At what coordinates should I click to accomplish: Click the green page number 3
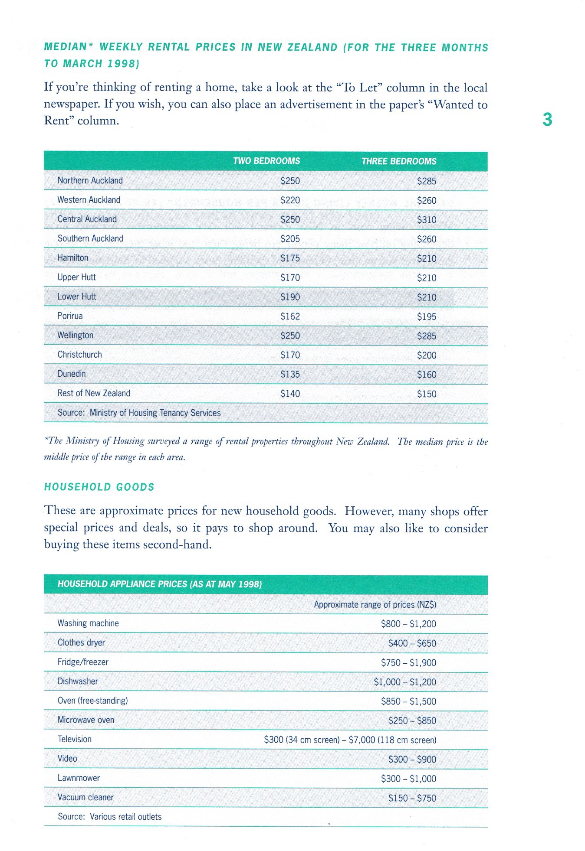coord(547,119)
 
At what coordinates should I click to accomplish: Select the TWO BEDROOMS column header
coord(266,161)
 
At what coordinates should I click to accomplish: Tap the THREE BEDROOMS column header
coord(399,161)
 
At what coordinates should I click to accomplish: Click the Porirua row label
coord(70,316)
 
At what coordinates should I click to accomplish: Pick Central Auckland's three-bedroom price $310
coord(426,220)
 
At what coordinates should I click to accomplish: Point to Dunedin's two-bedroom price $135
coord(290,374)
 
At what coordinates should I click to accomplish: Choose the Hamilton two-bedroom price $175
coord(290,258)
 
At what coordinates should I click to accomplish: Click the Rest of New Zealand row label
coord(94,393)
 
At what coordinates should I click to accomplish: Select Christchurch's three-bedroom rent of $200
coord(426,355)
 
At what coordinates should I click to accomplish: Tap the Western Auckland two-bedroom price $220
coord(290,200)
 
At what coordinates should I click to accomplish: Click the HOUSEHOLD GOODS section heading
coord(99,487)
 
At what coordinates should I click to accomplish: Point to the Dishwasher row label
coord(78,681)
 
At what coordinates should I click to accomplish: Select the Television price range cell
coord(350,740)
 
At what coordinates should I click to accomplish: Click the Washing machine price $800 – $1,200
coord(408,624)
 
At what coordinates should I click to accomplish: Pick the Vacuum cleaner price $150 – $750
coord(412,798)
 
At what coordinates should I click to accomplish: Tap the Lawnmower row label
coord(79,778)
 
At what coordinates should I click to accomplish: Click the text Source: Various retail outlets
coord(109,817)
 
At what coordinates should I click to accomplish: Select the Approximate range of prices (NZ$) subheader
coord(375,605)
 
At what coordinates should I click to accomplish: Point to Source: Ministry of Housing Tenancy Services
coord(139,413)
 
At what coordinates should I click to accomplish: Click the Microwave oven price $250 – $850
coord(412,721)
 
